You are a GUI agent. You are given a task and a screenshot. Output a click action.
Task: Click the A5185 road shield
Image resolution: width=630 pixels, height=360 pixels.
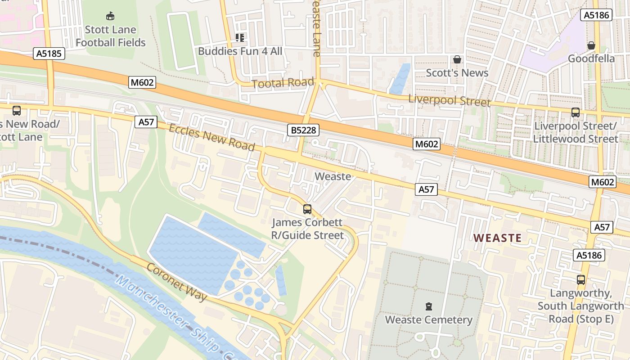(49, 54)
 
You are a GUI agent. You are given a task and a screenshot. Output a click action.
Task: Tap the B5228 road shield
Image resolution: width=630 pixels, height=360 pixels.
(303, 130)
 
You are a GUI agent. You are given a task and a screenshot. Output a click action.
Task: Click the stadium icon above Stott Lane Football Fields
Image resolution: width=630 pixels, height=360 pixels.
(110, 16)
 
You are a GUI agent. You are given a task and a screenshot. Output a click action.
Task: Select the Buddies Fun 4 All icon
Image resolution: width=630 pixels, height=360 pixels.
(240, 38)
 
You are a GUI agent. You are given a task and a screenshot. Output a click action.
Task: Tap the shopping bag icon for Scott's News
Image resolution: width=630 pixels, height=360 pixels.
(457, 59)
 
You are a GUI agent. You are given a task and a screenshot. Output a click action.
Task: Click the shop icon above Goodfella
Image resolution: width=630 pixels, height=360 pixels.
(591, 45)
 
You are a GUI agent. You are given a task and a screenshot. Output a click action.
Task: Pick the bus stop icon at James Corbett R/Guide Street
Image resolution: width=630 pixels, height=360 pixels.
(307, 209)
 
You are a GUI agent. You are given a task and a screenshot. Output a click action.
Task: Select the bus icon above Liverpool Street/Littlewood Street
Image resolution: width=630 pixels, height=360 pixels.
(575, 112)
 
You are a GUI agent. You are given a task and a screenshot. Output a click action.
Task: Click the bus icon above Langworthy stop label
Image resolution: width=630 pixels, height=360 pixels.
(581, 279)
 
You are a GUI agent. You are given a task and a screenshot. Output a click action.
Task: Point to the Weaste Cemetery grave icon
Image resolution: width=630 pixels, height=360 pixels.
(429, 306)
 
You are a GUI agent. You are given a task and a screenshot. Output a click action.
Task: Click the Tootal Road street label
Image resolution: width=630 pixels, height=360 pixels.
(283, 83)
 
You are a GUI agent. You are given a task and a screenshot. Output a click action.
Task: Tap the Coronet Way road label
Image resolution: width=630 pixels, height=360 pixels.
(176, 282)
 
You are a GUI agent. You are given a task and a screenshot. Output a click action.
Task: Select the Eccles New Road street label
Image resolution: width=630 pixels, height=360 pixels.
(212, 137)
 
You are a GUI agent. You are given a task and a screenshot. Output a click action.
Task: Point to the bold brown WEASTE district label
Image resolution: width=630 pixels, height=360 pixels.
(498, 238)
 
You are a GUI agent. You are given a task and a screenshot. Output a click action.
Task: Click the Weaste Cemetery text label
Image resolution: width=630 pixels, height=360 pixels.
(429, 320)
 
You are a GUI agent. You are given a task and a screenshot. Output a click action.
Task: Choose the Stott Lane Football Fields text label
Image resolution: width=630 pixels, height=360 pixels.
(110, 36)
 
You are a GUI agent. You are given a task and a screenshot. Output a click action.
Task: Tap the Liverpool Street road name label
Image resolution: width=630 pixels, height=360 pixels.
(449, 100)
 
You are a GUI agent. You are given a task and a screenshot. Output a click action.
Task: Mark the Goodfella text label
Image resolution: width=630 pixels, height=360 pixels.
(591, 58)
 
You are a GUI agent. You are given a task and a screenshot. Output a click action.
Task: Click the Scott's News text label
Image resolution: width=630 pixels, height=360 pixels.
(457, 73)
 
